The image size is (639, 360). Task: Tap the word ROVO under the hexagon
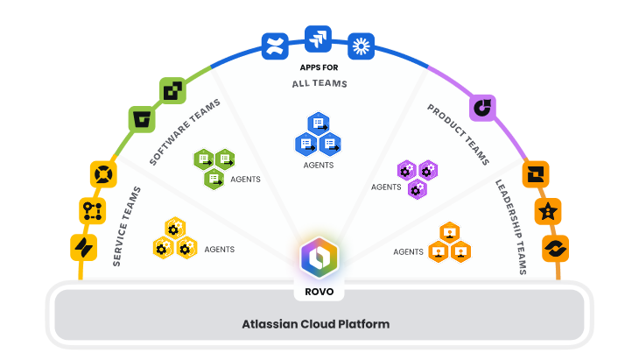pos(319,291)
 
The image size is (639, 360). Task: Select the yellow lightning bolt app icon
pos(83,247)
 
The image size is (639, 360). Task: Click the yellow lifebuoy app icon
pos(102,173)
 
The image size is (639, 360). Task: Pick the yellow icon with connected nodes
pos(92,210)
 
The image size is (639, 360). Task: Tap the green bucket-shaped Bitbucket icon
pos(141,118)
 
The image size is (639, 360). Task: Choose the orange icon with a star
pos(549,211)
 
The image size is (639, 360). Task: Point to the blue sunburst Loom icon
pos(361,46)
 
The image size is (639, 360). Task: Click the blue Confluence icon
pos(275,46)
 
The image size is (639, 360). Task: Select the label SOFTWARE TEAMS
pos(184,131)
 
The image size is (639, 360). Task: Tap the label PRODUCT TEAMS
pos(457,134)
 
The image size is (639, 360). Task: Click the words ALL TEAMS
pos(319,84)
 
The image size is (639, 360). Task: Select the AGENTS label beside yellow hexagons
pos(219,250)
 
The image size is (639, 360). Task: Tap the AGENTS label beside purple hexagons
pos(385,187)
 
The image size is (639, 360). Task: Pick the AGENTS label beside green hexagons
pos(245,180)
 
